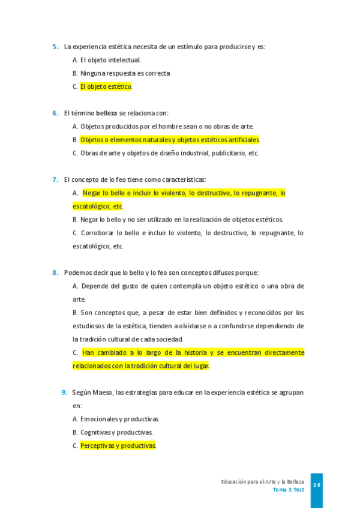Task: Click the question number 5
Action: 55,47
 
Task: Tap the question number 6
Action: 55,113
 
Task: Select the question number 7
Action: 55,179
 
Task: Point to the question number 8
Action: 55,273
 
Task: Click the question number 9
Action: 64,393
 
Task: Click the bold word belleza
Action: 106,113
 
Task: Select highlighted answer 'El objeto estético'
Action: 106,86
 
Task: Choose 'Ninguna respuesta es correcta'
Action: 125,73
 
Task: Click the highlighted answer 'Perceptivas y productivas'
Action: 118,446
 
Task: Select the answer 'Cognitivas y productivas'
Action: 116,432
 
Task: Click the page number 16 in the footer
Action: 317,485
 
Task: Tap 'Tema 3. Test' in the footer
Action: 288,490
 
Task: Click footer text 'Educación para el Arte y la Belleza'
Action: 262,482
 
